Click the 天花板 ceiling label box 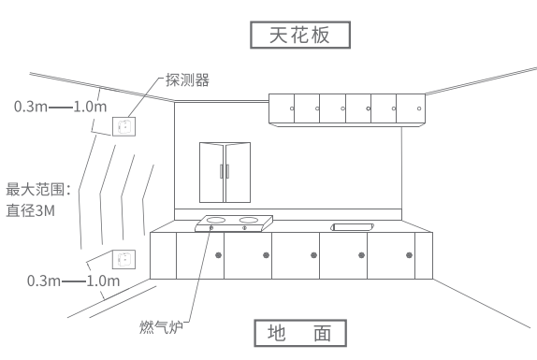pos(300,35)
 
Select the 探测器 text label pos(187,80)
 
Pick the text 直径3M pos(30,211)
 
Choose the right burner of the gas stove pos(248,222)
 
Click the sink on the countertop pos(353,226)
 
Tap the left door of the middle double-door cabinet pos(211,172)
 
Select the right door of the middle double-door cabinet pos(238,172)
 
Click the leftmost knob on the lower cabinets pos(218,254)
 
